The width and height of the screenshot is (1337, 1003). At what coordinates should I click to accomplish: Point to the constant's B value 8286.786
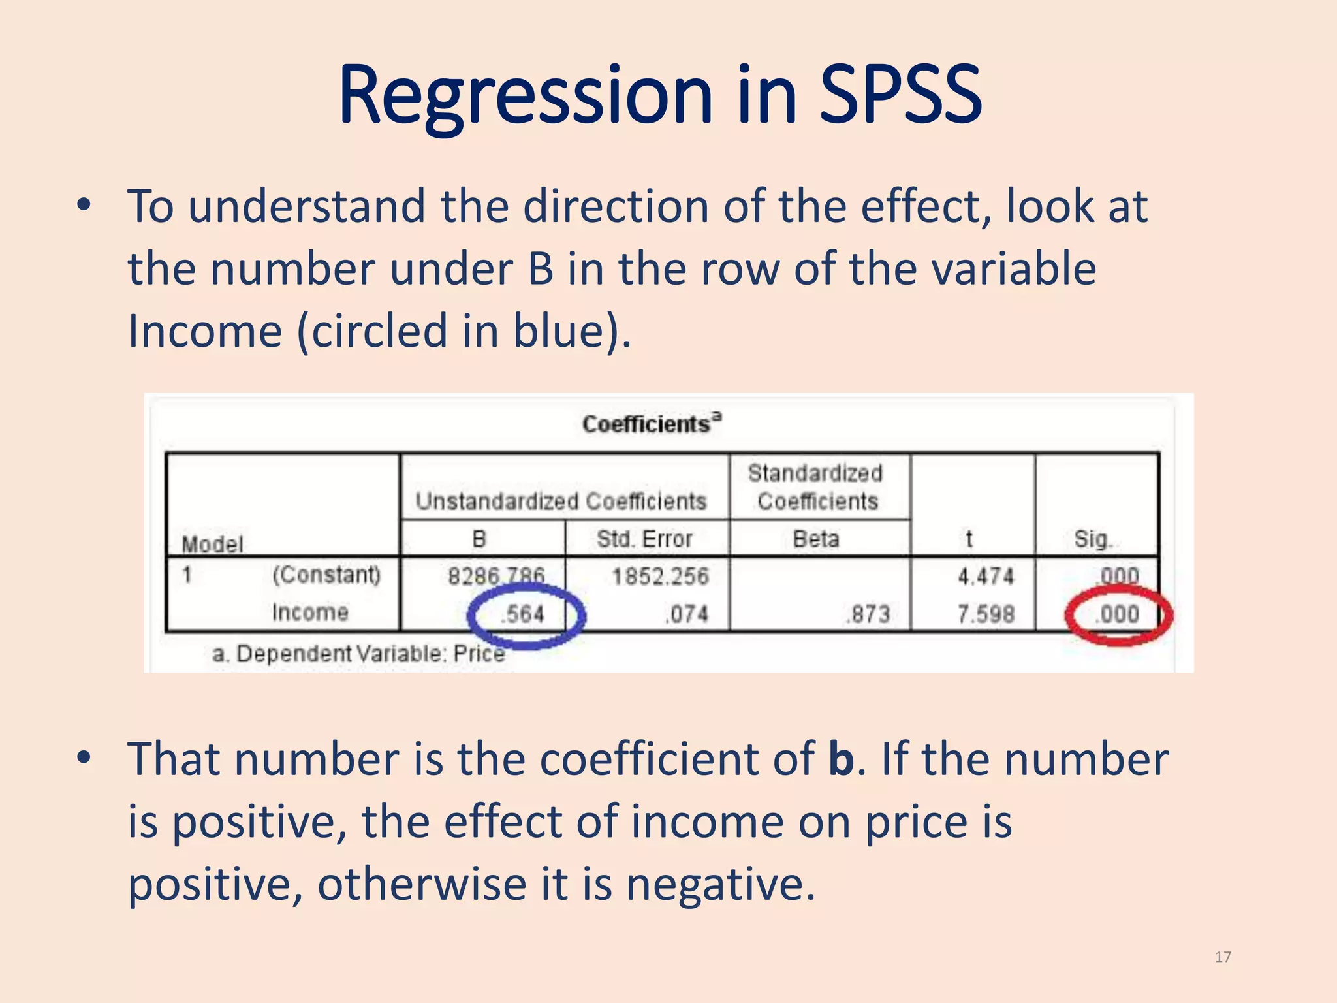point(496,576)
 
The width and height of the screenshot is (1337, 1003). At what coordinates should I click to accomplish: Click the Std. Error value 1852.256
point(660,576)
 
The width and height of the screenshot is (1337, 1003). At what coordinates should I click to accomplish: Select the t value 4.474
point(986,576)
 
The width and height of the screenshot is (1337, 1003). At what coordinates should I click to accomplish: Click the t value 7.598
point(986,614)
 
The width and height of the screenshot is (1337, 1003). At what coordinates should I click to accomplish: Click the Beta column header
point(816,539)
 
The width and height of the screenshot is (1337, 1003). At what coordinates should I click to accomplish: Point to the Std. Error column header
point(644,539)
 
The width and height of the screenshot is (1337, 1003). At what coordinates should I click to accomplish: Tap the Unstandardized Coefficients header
point(561,501)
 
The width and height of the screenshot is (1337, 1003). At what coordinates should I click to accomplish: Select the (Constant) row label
point(326,575)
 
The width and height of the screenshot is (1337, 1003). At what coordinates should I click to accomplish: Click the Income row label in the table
point(310,613)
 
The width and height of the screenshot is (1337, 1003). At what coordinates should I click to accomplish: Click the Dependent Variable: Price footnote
point(359,654)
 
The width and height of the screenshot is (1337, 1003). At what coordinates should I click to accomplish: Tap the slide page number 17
point(1223,957)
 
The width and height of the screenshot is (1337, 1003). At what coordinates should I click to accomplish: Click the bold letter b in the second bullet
point(842,759)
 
